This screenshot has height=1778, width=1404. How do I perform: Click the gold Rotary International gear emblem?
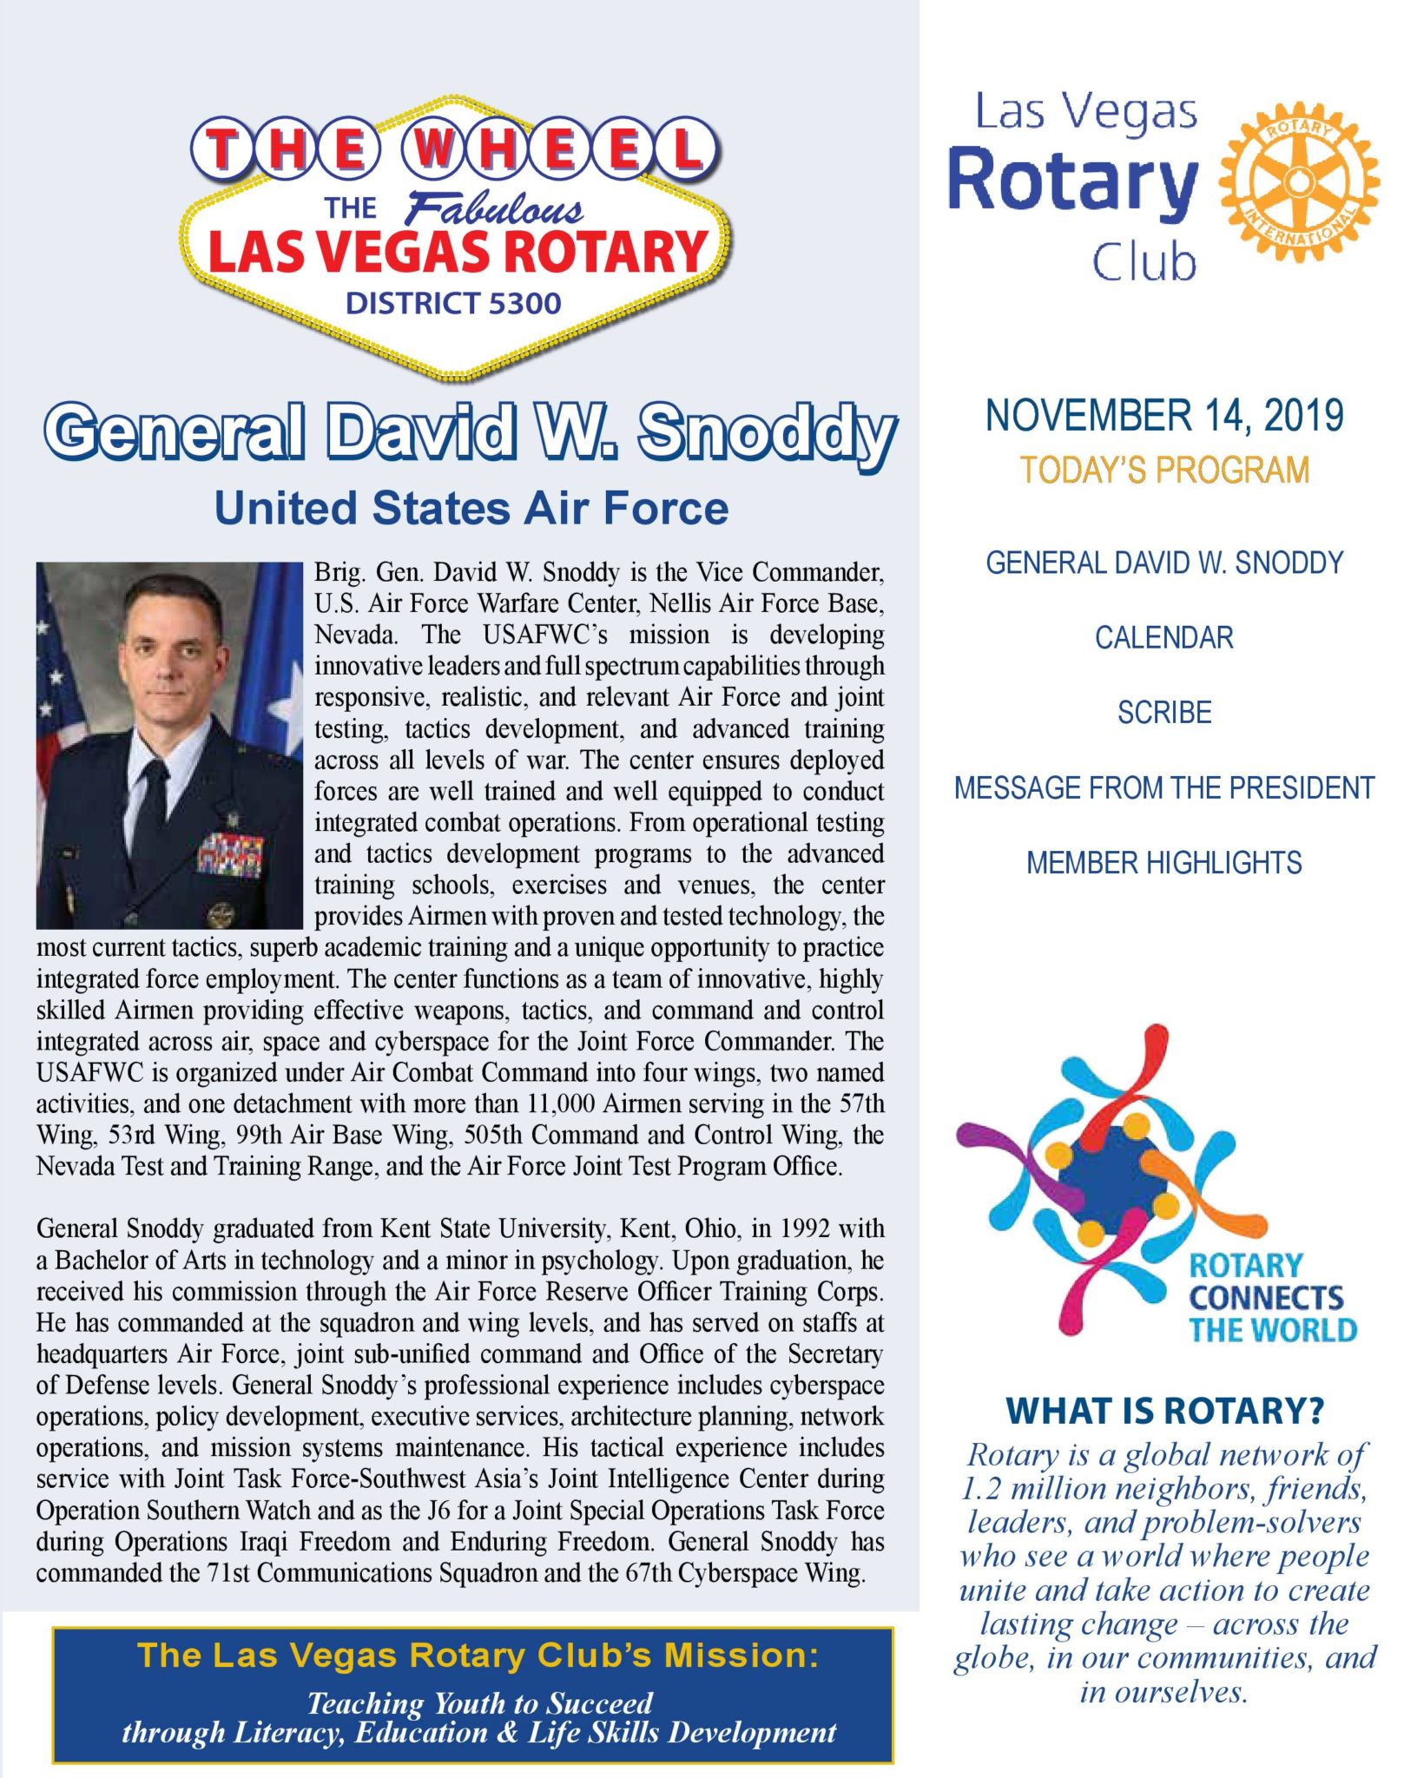click(x=1298, y=181)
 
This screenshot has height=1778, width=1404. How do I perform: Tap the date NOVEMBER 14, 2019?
click(x=1163, y=415)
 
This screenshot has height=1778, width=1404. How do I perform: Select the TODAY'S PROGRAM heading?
click(x=1163, y=470)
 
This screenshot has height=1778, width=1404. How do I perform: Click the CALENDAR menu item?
click(x=1163, y=637)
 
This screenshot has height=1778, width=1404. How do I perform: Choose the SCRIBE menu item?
click(x=1163, y=712)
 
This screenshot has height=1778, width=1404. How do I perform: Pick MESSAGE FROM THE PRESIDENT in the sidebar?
click(x=1163, y=787)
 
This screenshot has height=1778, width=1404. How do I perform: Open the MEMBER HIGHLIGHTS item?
click(x=1163, y=862)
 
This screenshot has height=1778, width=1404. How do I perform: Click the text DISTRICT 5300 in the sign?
click(x=453, y=303)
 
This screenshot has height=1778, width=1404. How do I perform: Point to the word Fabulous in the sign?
click(x=494, y=209)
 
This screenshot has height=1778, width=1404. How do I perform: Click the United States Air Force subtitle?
click(x=471, y=508)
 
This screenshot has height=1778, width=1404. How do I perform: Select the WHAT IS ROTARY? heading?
click(x=1163, y=1411)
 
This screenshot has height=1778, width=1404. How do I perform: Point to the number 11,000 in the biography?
click(x=561, y=1103)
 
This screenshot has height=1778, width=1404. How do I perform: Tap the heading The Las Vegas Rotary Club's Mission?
click(x=478, y=1655)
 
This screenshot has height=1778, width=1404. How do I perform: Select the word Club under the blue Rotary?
click(x=1144, y=261)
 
